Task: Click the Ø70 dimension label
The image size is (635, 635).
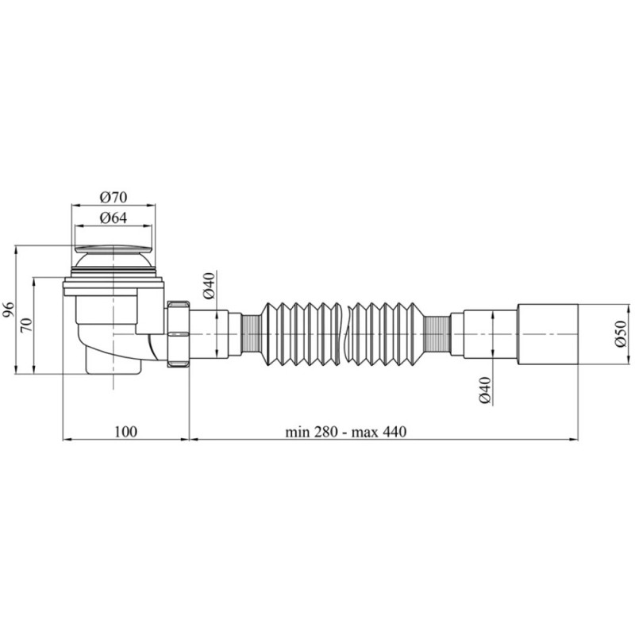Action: (x=114, y=197)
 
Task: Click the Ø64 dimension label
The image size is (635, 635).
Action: (x=114, y=218)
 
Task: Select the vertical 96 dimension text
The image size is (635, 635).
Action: (x=8, y=310)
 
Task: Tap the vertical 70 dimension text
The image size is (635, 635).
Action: (x=25, y=325)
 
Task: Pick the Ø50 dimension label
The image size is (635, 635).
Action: (x=622, y=333)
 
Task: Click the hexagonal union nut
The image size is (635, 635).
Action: (x=177, y=333)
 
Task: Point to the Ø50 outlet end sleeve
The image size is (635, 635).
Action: (x=548, y=333)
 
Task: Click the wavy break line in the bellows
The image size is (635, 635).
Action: (x=346, y=333)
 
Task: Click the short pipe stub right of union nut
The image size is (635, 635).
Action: (x=209, y=333)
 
